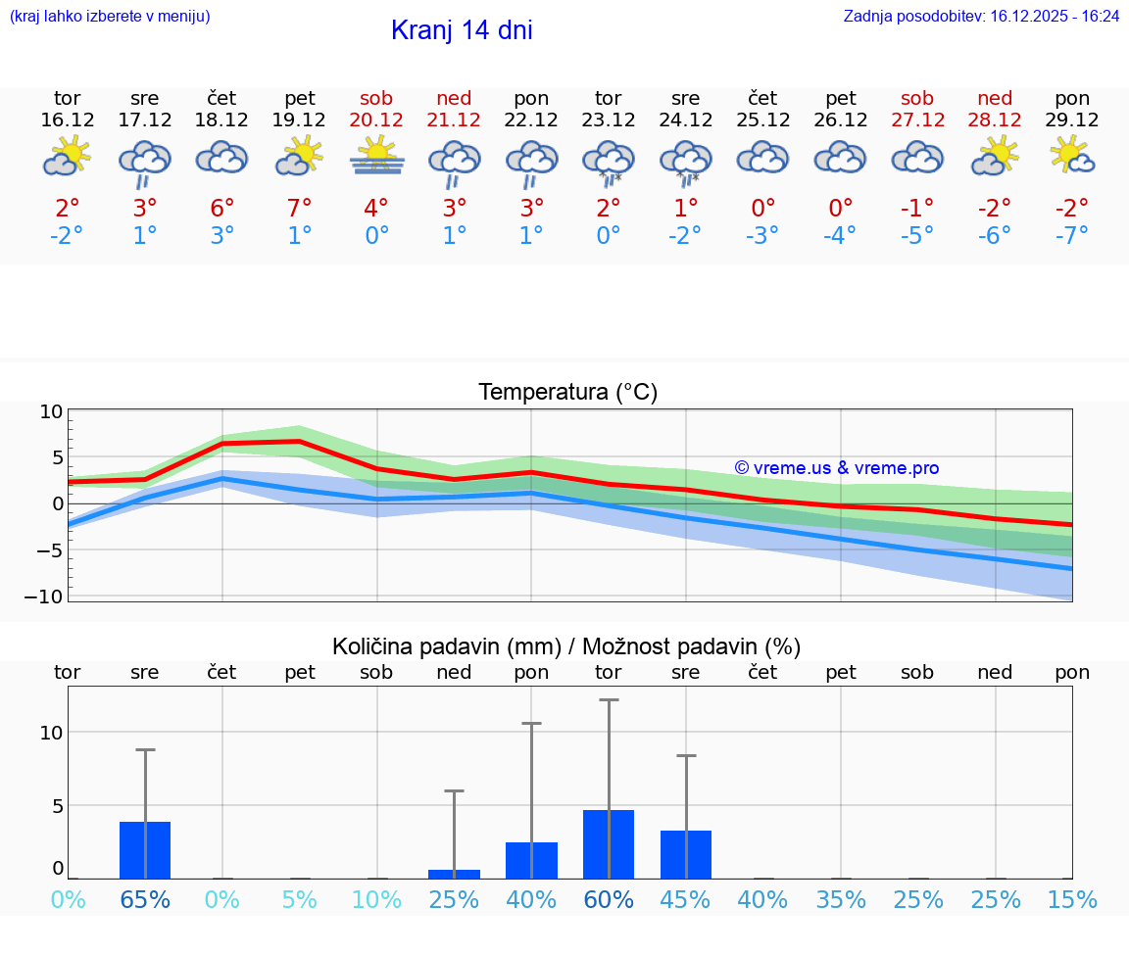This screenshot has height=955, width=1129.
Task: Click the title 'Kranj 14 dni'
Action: pyautogui.click(x=462, y=30)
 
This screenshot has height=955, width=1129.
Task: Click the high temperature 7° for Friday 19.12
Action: pyautogui.click(x=299, y=208)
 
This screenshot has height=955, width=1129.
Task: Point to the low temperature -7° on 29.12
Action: pyautogui.click(x=1072, y=236)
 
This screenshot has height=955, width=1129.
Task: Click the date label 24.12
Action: pyautogui.click(x=685, y=120)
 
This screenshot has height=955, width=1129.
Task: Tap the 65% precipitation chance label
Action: pyautogui.click(x=145, y=899)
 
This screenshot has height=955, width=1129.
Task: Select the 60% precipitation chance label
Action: pyautogui.click(x=609, y=899)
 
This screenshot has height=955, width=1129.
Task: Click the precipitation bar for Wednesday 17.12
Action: pyautogui.click(x=145, y=850)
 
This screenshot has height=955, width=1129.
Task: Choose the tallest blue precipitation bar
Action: pyautogui.click(x=609, y=844)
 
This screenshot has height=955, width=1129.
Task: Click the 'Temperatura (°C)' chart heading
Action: pyautogui.click(x=567, y=393)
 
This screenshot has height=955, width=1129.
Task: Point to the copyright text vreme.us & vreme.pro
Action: pyautogui.click(x=837, y=468)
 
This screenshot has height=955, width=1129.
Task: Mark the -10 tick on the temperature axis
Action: pyautogui.click(x=51, y=597)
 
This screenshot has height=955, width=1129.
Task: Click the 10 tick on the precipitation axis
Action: pyautogui.click(x=51, y=733)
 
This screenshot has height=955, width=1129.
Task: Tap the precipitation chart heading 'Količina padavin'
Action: pyautogui.click(x=566, y=646)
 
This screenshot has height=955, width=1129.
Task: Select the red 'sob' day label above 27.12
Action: pyautogui.click(x=917, y=98)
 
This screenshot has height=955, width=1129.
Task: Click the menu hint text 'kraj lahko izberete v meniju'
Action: pyautogui.click(x=110, y=17)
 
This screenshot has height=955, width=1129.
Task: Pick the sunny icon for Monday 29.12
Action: pyautogui.click(x=1072, y=155)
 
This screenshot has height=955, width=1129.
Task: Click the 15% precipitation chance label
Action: pyautogui.click(x=1072, y=899)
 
